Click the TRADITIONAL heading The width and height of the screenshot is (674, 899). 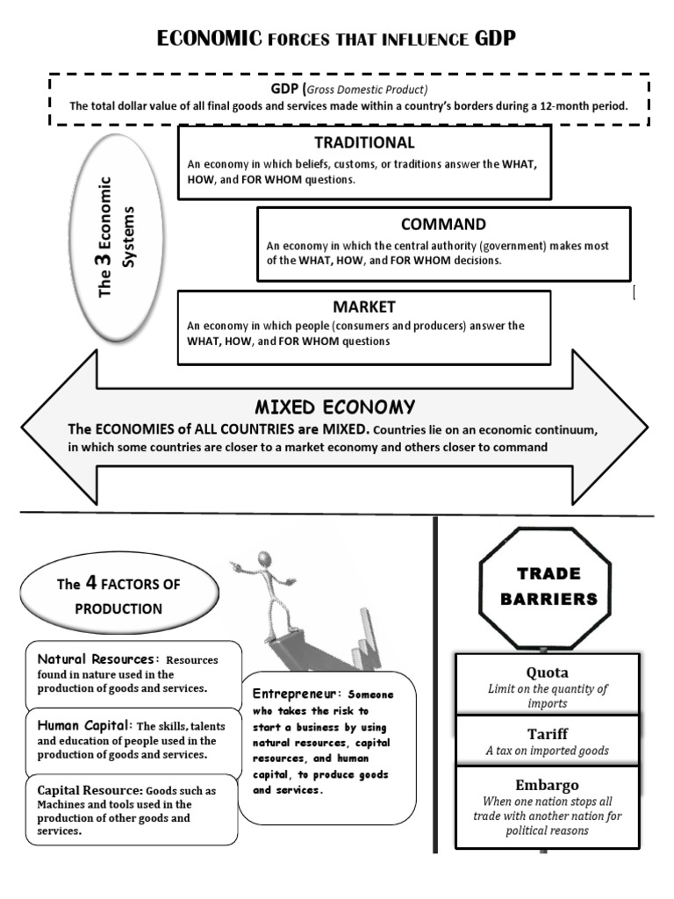[x=364, y=142]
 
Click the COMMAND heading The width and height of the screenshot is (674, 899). [x=443, y=225]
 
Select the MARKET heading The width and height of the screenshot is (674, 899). [x=364, y=306]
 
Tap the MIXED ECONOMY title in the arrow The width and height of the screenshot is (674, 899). [x=334, y=407]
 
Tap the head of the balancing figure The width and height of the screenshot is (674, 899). [x=263, y=559]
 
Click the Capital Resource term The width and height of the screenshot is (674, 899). [x=89, y=789]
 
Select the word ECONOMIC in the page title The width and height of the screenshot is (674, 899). [x=209, y=38]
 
